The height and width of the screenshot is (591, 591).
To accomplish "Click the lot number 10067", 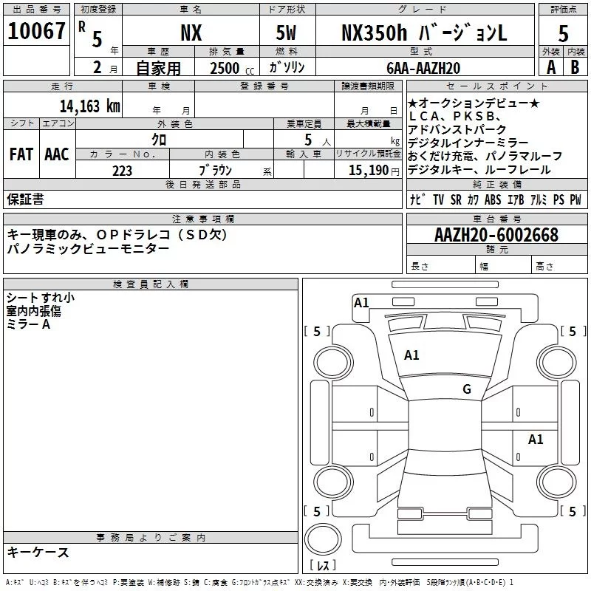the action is click(36, 32).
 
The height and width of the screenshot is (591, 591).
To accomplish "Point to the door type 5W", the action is click(286, 33).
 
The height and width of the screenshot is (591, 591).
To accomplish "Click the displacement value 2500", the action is click(225, 68).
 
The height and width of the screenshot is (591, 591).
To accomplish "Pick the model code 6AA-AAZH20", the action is click(423, 68).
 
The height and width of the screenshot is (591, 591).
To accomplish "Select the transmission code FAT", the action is click(21, 154).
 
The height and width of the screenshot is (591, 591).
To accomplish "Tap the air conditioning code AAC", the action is click(56, 154).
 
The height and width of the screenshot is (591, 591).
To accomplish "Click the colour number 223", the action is click(122, 171).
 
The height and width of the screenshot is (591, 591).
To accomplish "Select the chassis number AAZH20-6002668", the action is click(496, 236).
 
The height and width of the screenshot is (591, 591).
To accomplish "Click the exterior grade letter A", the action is click(550, 67).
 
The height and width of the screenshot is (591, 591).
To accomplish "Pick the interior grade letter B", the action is click(575, 67).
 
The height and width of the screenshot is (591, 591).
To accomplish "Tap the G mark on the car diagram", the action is click(466, 389).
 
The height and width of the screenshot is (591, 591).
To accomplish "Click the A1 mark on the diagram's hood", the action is click(411, 355).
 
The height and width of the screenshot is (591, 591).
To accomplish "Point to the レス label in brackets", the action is click(322, 567).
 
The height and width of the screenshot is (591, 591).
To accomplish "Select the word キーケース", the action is click(38, 553).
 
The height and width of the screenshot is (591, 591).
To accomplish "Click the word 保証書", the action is click(25, 199).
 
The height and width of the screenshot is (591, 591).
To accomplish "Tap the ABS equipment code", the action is click(493, 199).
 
